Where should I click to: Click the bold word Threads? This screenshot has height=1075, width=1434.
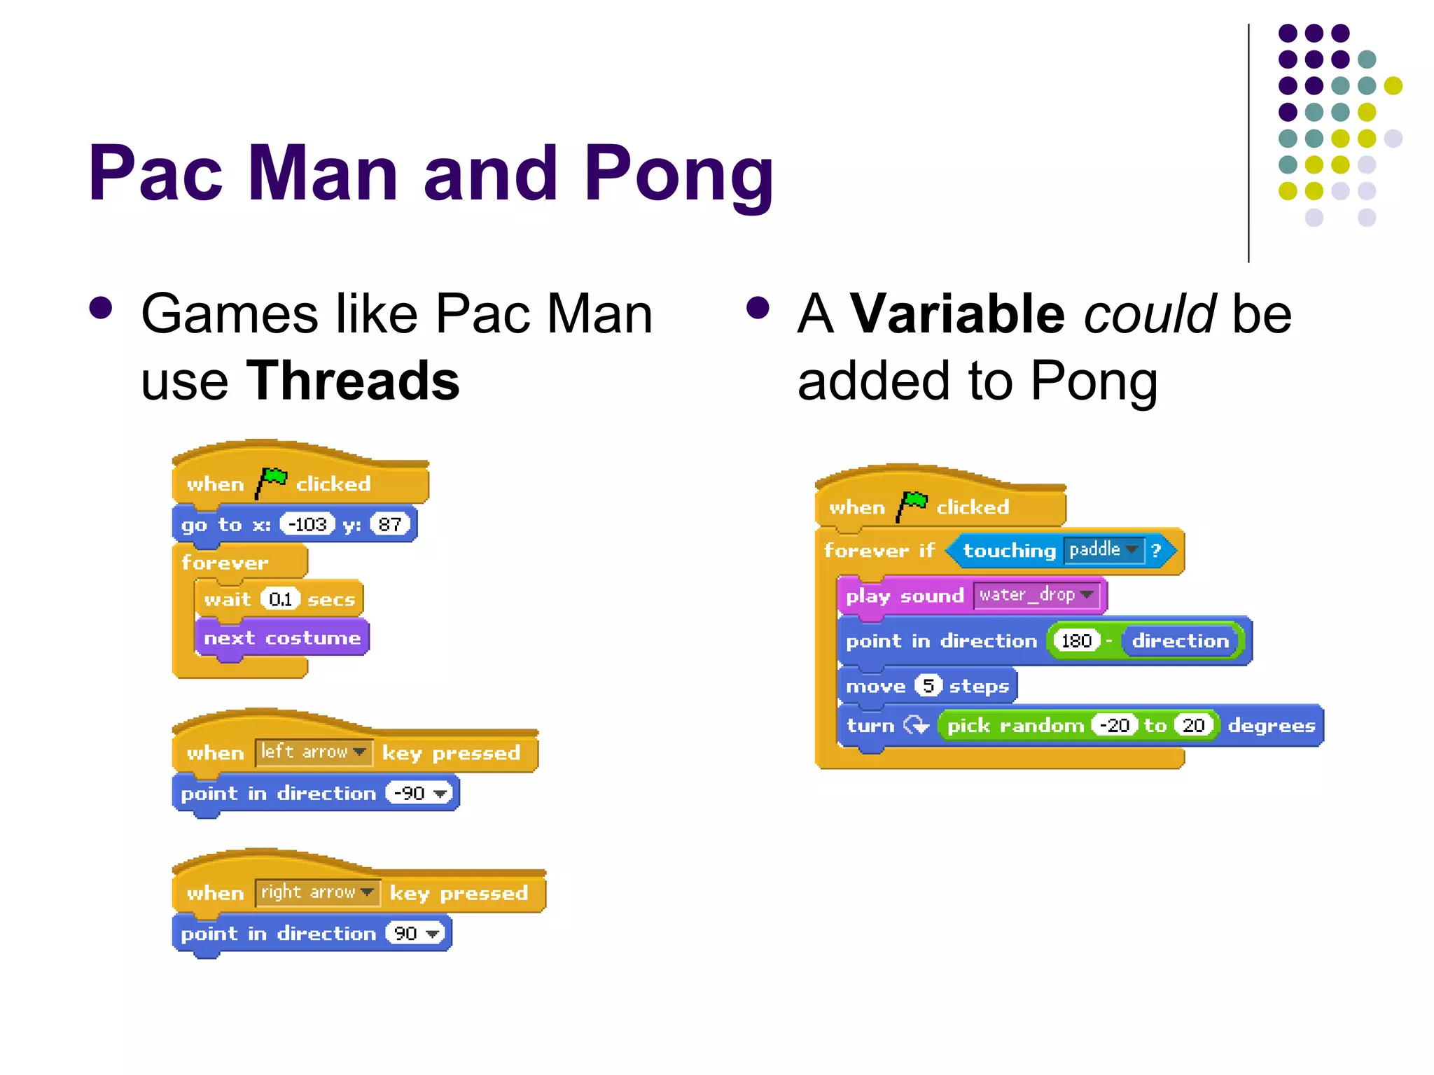[352, 381]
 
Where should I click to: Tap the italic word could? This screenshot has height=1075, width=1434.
[1149, 314]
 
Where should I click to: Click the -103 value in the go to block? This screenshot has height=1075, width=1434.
[307, 524]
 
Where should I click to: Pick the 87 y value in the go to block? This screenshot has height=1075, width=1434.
[389, 524]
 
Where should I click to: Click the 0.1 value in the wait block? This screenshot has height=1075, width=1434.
[280, 599]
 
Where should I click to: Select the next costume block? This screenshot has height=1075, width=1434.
[281, 638]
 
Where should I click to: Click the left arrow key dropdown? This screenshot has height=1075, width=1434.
[313, 752]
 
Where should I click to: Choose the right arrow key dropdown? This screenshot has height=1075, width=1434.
[317, 892]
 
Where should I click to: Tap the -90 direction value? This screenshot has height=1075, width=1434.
[419, 793]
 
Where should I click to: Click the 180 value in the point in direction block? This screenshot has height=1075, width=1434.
[1076, 640]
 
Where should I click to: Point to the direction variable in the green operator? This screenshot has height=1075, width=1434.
[1180, 640]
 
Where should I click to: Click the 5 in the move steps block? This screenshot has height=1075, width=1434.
[928, 685]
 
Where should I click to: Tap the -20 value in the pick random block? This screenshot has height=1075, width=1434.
[1114, 725]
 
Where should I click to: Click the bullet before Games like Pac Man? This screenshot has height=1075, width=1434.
[101, 308]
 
